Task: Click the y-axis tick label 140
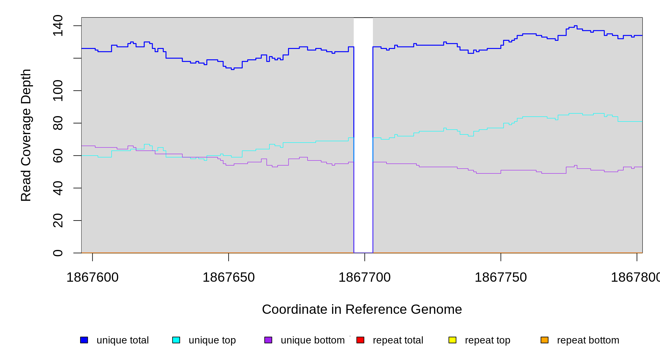click(58, 26)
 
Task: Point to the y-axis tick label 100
click(58, 91)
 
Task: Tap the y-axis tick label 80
click(58, 123)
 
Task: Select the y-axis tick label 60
click(58, 155)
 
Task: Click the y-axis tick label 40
click(58, 188)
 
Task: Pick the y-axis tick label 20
click(58, 220)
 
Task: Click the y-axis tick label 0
click(58, 253)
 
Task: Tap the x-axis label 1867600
click(92, 277)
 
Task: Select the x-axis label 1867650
click(229, 277)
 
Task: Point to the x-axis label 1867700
click(364, 277)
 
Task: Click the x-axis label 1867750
click(501, 277)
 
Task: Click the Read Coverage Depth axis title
click(26, 135)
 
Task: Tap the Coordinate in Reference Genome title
click(362, 309)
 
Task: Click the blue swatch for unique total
click(84, 340)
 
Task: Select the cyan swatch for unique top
click(176, 340)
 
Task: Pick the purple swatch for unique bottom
click(268, 340)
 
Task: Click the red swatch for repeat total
click(360, 340)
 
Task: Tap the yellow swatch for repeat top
click(452, 340)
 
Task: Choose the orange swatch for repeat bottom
click(544, 340)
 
